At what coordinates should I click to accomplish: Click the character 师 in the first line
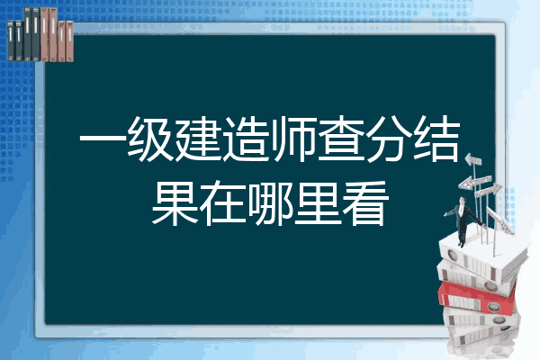point(292,139)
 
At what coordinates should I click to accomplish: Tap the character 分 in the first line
point(389,139)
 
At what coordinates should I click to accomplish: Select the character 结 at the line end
point(436,139)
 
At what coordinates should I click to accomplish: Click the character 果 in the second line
point(175,203)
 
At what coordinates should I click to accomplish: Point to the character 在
point(222,203)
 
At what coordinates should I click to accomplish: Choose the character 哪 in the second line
point(270,203)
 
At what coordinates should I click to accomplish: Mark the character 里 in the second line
point(318,203)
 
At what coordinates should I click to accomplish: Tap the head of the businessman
point(463,200)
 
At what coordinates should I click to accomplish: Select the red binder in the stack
point(476,297)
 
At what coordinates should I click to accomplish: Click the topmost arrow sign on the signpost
point(472,159)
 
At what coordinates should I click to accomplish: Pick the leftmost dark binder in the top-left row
point(11,41)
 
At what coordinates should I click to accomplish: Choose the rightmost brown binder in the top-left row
point(69,41)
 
